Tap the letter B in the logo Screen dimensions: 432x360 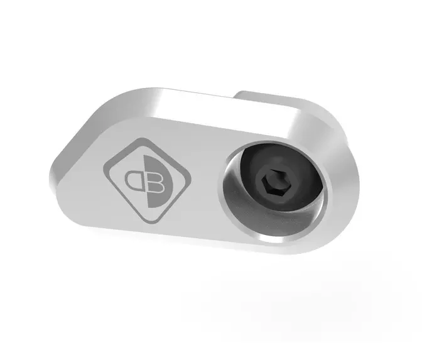click(156, 182)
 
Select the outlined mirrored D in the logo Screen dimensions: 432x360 click(134, 180)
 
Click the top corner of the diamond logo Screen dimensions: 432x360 click(143, 138)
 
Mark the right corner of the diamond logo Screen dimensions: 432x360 click(191, 178)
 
